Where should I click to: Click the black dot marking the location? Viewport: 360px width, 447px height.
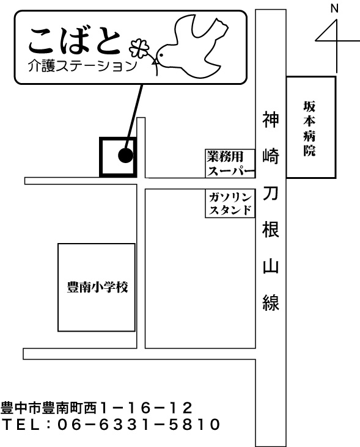[125, 156]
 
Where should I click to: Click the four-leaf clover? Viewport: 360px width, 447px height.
[139, 49]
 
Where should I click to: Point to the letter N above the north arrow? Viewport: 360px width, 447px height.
[334, 9]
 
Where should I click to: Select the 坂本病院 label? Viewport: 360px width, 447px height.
[309, 129]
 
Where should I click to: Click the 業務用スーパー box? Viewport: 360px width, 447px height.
[230, 163]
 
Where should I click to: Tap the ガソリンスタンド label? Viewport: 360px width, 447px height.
[230, 203]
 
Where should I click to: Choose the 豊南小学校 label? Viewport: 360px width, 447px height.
[97, 287]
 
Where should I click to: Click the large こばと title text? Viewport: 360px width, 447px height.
[75, 41]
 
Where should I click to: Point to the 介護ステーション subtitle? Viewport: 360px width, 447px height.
[83, 66]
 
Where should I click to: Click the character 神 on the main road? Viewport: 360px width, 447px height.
[270, 120]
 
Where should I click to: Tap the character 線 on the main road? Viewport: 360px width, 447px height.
[270, 302]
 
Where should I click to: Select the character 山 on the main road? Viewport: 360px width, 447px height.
[270, 266]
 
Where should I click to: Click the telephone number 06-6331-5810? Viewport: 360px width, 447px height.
[139, 424]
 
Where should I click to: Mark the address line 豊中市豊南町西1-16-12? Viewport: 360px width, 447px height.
[97, 408]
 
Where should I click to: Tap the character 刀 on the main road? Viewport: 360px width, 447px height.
[270, 193]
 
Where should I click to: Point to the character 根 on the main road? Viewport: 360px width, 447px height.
[270, 229]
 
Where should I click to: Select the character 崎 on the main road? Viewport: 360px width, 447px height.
[270, 156]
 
